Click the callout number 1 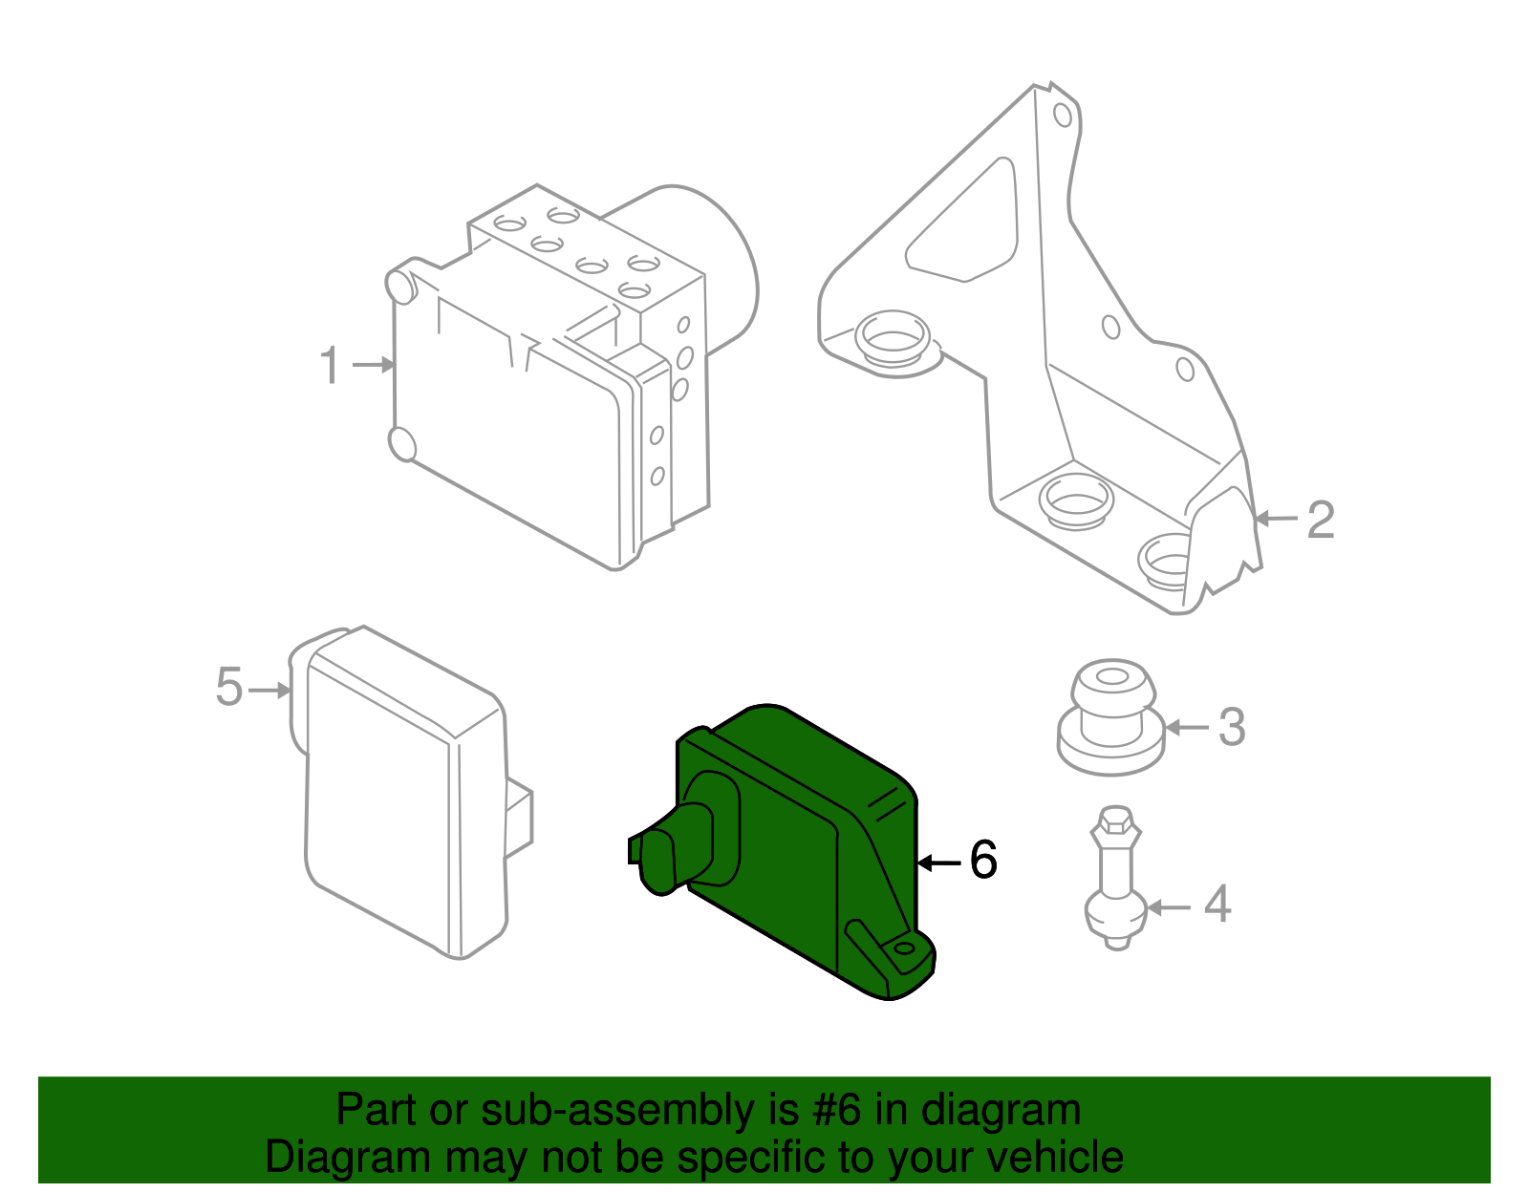(330, 367)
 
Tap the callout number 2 (1320, 520)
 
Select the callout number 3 (1232, 728)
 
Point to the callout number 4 (1217, 905)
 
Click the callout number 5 (229, 688)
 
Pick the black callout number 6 (983, 860)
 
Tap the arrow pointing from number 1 (374, 365)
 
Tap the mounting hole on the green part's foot (902, 949)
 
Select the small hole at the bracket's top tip (1062, 115)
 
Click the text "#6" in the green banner (838, 1111)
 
